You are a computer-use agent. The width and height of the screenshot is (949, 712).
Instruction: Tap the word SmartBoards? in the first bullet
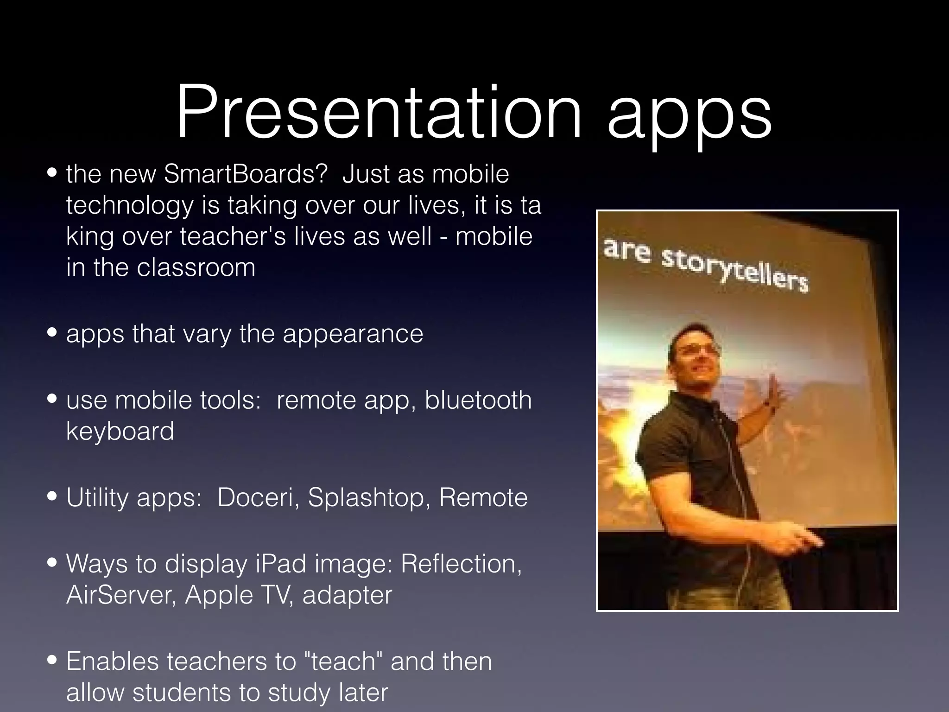click(x=246, y=174)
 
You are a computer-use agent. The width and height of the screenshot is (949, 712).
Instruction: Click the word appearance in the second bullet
click(x=353, y=335)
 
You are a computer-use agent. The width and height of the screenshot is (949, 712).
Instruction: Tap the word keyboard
click(x=120, y=432)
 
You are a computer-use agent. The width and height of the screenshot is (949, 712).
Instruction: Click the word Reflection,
click(x=461, y=564)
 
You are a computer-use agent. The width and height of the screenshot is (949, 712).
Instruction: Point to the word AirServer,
click(x=121, y=595)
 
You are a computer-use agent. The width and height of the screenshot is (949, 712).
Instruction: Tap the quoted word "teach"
click(x=343, y=661)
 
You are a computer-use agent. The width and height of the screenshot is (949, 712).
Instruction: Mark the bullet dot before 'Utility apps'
click(x=52, y=497)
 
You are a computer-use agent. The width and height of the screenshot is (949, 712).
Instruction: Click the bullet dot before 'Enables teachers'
click(x=52, y=661)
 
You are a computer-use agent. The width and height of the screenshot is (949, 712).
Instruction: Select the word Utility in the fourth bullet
click(x=97, y=498)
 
